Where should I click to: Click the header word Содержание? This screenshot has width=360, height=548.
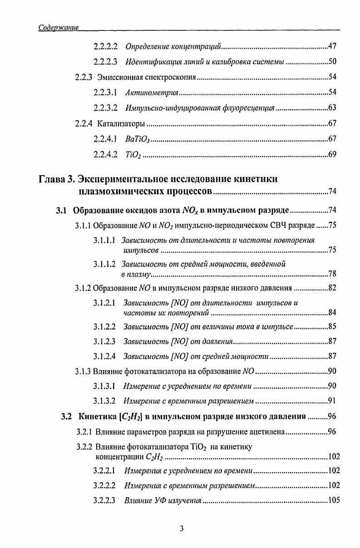(x=59, y=28)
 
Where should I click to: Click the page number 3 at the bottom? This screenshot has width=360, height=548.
(x=181, y=528)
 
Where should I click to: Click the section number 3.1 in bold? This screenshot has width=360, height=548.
(x=61, y=210)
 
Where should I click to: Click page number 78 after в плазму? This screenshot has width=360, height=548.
(x=331, y=274)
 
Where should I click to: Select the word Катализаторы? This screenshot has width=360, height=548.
(x=121, y=123)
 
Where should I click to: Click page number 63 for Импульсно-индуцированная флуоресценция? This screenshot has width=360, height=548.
(x=331, y=108)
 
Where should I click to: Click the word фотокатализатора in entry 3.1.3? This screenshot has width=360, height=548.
(x=152, y=372)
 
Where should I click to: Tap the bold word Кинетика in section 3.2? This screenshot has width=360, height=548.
(x=97, y=416)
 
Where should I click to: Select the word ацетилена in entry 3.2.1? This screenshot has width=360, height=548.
(x=267, y=431)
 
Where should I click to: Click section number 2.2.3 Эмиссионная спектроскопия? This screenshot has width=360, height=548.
(x=85, y=77)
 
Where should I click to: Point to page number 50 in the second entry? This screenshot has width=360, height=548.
(x=331, y=62)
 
